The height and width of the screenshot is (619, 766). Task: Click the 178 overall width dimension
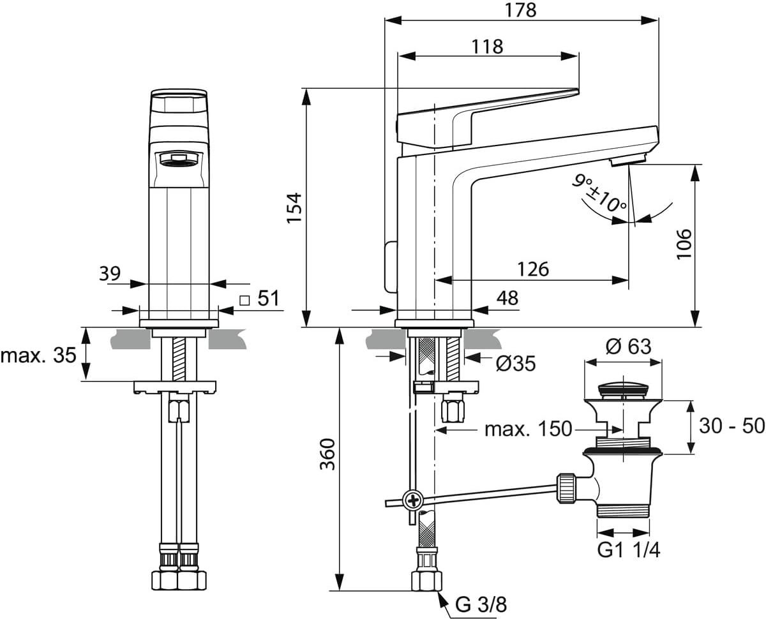[x=520, y=10]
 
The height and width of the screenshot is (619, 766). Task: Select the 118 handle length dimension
[x=487, y=47]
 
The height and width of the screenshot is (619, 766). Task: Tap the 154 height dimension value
[x=294, y=208]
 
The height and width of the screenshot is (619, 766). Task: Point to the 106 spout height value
[x=684, y=243]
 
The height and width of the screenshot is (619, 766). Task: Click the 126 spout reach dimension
[x=533, y=269]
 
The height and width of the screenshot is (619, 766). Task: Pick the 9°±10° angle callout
[x=599, y=193]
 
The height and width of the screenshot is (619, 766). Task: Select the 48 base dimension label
[x=507, y=297]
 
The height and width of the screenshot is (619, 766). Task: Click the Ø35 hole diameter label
[x=516, y=363]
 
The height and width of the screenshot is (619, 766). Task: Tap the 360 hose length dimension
[x=327, y=454]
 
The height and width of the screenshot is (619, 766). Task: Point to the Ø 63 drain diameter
[x=628, y=347]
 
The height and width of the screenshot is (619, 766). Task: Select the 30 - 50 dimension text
[x=732, y=426]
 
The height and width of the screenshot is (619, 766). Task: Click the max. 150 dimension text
[x=529, y=429]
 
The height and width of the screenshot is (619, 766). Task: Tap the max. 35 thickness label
[x=38, y=355]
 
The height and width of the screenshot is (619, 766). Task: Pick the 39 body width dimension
[x=110, y=274]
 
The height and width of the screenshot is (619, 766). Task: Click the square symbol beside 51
[x=244, y=301]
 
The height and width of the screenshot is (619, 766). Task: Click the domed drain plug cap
[x=623, y=390]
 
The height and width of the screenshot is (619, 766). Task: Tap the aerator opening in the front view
[x=177, y=159]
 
